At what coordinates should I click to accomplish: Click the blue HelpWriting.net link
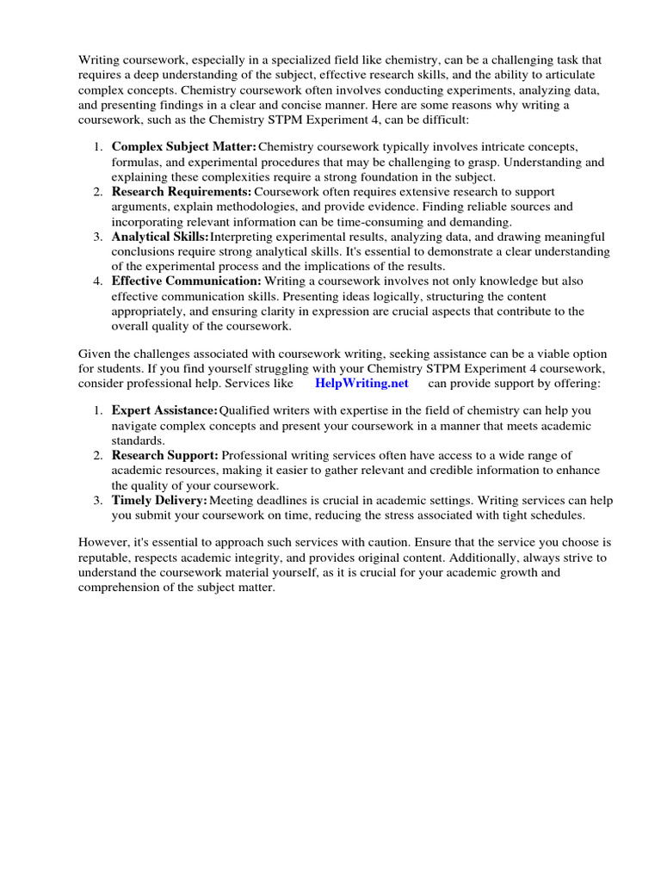(361, 383)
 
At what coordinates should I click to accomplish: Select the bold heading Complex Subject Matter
(183, 147)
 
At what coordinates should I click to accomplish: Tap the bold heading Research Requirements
(182, 191)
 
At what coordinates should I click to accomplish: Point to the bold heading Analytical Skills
(160, 236)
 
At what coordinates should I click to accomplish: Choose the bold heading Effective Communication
(186, 280)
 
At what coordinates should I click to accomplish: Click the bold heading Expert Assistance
(164, 411)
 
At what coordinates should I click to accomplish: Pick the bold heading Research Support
(165, 455)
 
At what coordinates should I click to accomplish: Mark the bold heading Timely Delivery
(159, 500)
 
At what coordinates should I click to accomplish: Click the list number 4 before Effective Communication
(98, 280)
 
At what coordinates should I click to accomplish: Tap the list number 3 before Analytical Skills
(98, 236)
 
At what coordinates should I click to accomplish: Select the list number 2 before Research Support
(98, 455)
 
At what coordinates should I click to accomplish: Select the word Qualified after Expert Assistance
(248, 411)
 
